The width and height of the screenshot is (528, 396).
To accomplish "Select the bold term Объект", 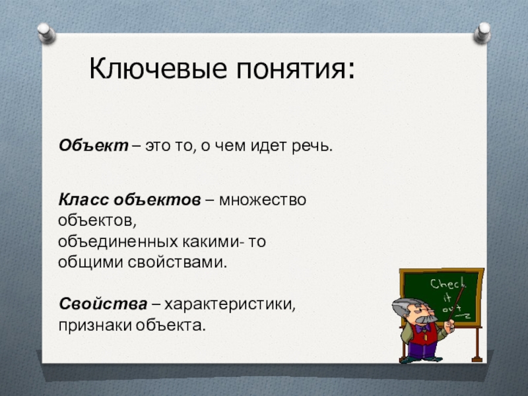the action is coord(94,145).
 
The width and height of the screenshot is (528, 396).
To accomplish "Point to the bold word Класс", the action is coord(84,200).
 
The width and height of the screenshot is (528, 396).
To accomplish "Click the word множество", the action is coord(263,200).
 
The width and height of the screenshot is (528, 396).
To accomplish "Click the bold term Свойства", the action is coord(103,304).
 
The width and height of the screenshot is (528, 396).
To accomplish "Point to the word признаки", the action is coord(95,325).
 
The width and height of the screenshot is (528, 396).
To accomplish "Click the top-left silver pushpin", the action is coord(46,32).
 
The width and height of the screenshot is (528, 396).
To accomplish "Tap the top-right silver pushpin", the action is coord(482,32).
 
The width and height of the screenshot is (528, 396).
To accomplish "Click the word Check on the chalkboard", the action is coord(447,284).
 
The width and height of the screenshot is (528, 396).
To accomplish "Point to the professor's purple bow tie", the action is coord(422,327).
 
